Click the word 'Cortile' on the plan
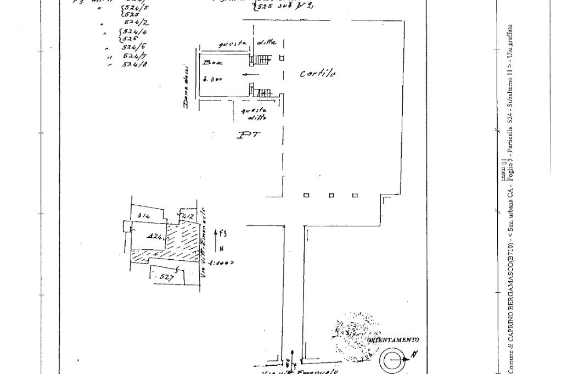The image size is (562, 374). (318, 74)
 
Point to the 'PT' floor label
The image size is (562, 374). (248, 135)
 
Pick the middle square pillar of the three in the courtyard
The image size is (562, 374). (331, 196)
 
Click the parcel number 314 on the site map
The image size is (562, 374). (144, 216)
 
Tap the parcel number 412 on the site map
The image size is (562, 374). (187, 216)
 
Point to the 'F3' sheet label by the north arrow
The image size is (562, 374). (222, 233)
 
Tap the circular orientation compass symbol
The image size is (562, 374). (392, 361)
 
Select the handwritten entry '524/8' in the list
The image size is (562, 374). (133, 64)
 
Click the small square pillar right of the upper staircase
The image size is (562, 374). (282, 58)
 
